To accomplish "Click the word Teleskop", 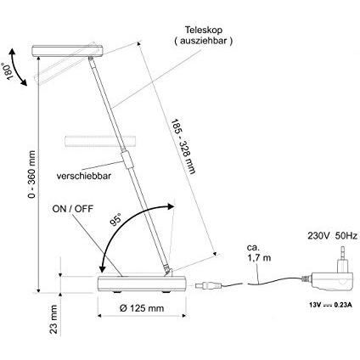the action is pos(204,30).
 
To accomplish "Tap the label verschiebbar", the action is pos(84,176).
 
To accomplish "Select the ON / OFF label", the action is pos(72,209).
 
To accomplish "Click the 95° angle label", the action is pos(115,219).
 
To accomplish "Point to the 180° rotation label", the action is pos(9,71).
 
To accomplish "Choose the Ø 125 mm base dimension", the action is pos(142,308).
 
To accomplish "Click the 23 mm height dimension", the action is pos(53,319).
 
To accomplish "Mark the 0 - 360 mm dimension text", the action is pos(32,174).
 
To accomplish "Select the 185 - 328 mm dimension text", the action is pos(183,146).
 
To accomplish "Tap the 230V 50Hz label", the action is pos(332,236).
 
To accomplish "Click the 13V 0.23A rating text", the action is pos(330,305).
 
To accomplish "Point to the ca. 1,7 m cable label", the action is pos(259,253).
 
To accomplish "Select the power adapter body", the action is pos(333,281).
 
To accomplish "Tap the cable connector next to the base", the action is pos(208,285).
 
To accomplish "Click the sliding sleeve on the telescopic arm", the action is pos(127,160).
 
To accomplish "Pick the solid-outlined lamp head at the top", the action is pos(67,50).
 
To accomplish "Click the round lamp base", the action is pos(142,284).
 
